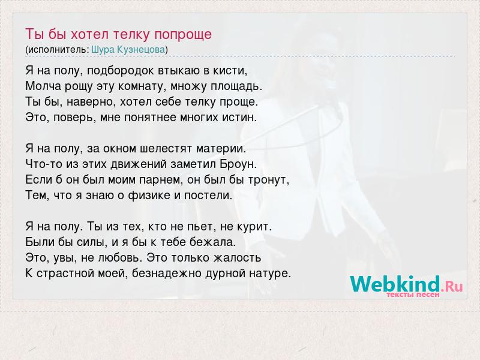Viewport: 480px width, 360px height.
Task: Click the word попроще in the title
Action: (183, 34)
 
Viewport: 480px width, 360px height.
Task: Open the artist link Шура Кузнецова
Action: (128, 49)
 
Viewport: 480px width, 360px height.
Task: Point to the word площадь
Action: (236, 86)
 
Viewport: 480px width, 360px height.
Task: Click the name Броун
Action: (238, 164)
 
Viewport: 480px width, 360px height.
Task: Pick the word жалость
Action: (237, 258)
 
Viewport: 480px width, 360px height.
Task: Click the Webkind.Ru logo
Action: (406, 284)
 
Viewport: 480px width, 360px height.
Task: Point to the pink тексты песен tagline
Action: (413, 295)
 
